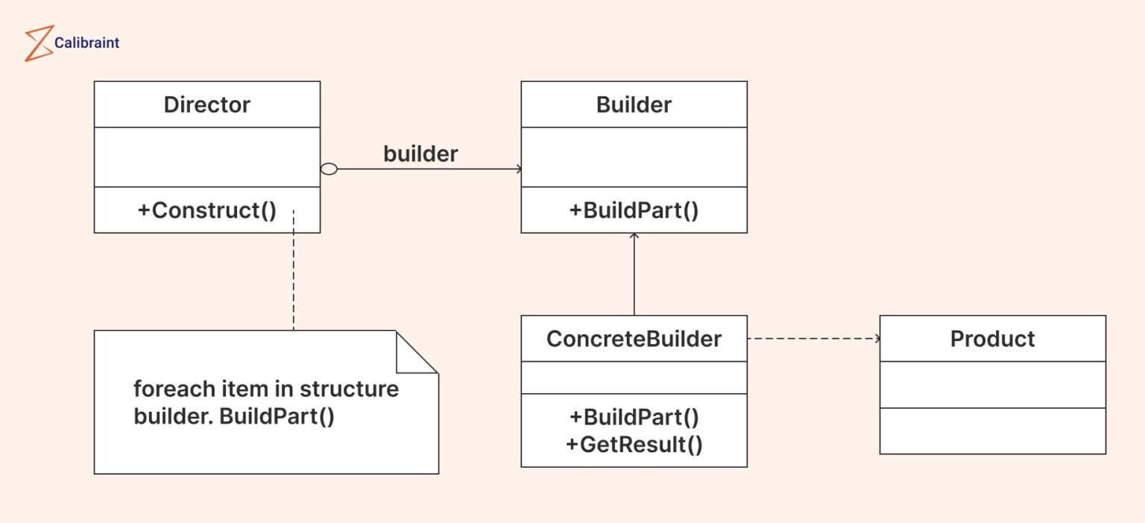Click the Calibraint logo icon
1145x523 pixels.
point(38,43)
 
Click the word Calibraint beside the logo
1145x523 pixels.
point(86,43)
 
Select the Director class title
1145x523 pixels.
point(206,104)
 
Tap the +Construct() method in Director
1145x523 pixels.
point(206,210)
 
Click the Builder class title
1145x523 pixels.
point(634,104)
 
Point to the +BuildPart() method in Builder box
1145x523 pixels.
point(634,210)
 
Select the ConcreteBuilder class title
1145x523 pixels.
point(634,339)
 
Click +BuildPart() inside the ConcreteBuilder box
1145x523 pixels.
point(634,416)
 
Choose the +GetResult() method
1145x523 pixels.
point(634,445)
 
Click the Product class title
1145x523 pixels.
point(992,339)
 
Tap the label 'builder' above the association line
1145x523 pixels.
point(420,154)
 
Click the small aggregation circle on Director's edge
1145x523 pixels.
point(329,169)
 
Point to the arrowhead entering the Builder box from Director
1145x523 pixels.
point(517,169)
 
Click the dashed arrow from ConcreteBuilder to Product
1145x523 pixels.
point(813,339)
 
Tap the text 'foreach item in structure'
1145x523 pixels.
point(265,389)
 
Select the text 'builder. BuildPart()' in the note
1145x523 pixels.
point(233,416)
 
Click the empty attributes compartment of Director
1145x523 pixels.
point(206,157)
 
